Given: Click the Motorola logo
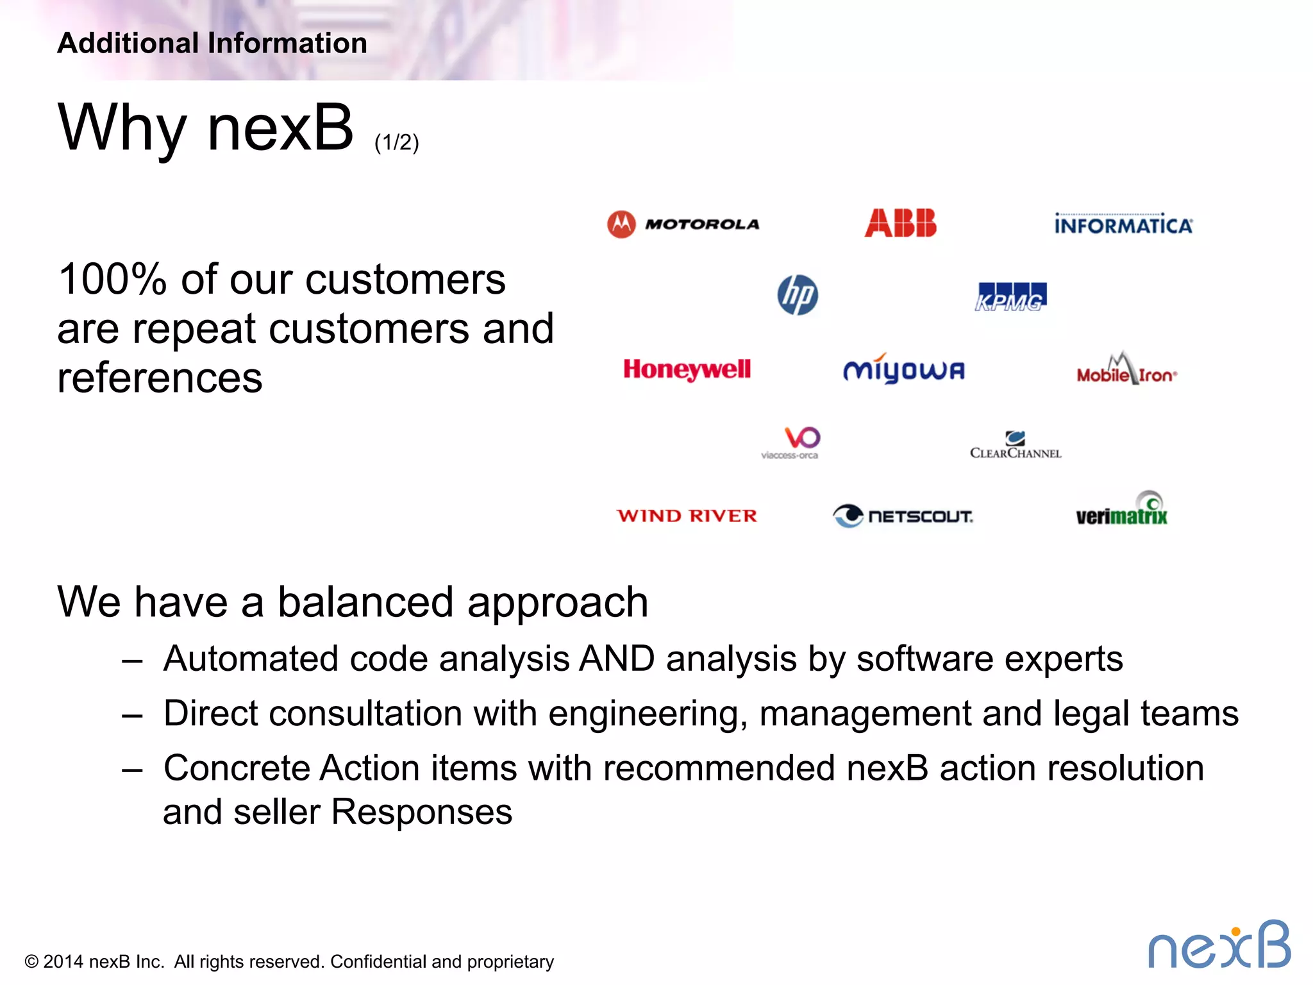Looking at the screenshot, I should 683,224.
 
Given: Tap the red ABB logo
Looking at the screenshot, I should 900,223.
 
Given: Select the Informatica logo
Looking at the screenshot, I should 1123,224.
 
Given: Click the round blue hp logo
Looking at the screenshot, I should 798,295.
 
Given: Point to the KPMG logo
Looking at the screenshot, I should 1011,297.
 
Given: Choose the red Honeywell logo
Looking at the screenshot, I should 687,369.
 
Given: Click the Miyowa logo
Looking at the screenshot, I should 903,369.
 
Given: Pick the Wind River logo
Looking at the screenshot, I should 687,516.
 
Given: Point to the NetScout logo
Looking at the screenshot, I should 903,516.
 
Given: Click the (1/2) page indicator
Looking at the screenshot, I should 396,142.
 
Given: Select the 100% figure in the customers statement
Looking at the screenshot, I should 112,280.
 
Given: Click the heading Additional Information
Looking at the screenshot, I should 212,44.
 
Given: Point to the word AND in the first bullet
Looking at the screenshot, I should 616,659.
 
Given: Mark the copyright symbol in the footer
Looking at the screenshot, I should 31,962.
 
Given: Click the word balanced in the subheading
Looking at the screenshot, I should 365,602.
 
